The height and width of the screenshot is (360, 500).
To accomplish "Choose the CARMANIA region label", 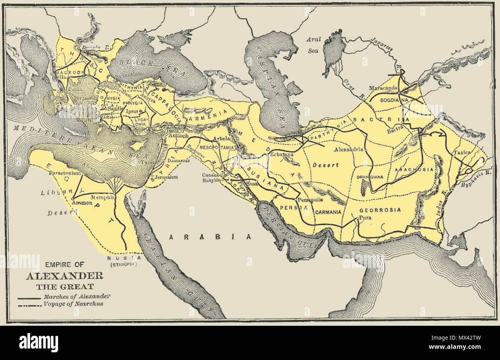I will (x=329, y=212).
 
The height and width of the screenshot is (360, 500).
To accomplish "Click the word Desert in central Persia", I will (x=325, y=165).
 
